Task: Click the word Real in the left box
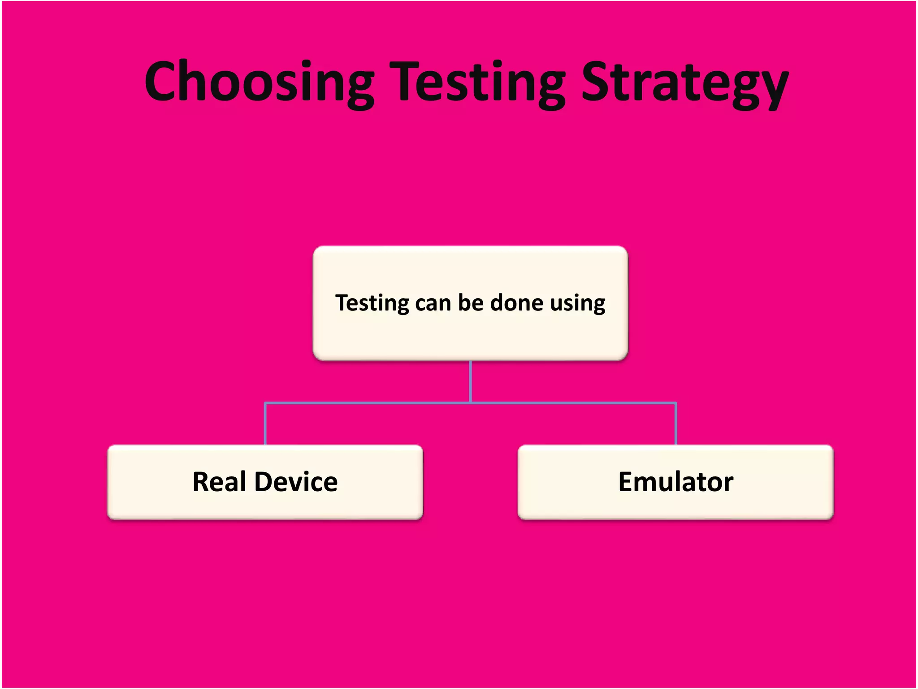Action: click(x=219, y=482)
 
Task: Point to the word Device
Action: click(x=296, y=482)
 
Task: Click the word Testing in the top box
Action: click(x=372, y=303)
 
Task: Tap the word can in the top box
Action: click(x=433, y=303)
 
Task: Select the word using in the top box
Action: click(x=578, y=303)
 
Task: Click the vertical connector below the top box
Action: click(x=470, y=381)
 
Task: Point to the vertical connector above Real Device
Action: click(x=265, y=424)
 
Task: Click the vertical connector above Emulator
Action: click(x=676, y=424)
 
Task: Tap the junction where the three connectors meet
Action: click(x=470, y=403)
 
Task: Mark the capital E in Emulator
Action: click(x=628, y=482)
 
